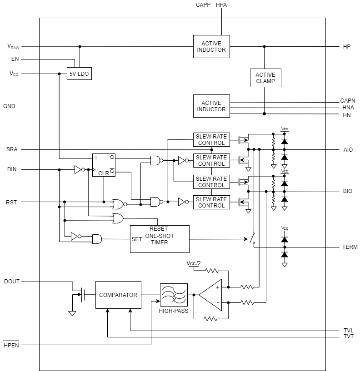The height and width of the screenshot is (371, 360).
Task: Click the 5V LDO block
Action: click(79, 74)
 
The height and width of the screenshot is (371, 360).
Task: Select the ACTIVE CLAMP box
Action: click(265, 78)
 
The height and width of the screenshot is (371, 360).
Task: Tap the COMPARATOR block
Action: click(118, 295)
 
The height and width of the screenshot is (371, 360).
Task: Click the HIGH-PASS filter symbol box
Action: click(174, 295)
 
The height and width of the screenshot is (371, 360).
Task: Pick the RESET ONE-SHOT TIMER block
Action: click(160, 239)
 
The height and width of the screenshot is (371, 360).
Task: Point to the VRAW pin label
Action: click(13, 46)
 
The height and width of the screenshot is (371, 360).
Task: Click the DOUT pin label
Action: click(12, 282)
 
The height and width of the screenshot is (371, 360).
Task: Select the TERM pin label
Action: click(350, 247)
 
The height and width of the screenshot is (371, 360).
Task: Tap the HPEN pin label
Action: click(11, 345)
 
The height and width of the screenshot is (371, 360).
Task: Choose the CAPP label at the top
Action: click(203, 5)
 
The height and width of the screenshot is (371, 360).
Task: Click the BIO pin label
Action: click(347, 191)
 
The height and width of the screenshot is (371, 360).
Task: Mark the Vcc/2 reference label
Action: click(194, 263)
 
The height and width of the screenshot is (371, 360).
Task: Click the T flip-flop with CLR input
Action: click(104, 165)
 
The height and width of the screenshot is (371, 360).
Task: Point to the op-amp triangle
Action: click(210, 295)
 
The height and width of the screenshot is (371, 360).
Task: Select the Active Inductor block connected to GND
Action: click(211, 106)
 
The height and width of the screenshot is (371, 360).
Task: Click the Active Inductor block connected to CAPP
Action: click(211, 46)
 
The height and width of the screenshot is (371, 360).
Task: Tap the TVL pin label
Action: click(348, 331)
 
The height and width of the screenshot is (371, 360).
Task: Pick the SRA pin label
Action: click(12, 149)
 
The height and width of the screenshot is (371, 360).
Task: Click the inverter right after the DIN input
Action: click(80, 169)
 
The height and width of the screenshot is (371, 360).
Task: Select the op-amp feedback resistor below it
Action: click(210, 319)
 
